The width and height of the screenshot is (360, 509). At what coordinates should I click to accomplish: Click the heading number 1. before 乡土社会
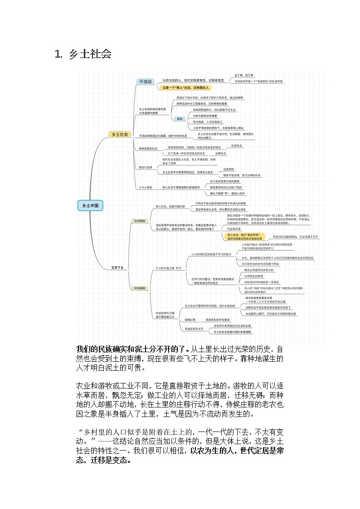click(58, 55)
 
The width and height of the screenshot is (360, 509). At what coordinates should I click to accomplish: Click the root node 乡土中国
click(90, 205)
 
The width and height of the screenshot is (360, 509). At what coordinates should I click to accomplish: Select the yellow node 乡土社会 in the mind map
click(120, 134)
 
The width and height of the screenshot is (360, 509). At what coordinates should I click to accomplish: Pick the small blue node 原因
click(180, 119)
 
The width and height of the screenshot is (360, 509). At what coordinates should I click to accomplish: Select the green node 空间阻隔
click(139, 221)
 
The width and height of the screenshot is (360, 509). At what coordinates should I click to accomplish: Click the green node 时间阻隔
click(139, 288)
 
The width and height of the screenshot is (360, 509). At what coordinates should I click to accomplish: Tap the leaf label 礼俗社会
click(237, 146)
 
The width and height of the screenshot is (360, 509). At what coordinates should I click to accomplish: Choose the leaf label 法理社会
click(221, 154)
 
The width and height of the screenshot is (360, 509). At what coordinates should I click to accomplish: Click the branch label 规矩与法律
click(147, 167)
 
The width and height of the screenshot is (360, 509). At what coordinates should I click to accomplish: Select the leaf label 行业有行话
click(234, 229)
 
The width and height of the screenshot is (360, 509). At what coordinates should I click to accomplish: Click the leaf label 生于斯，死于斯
click(244, 75)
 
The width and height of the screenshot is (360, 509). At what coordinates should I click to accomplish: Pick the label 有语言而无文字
click(194, 328)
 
